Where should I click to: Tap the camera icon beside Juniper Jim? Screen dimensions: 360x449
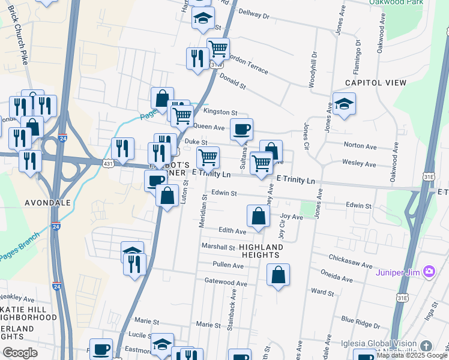[x=429, y=272]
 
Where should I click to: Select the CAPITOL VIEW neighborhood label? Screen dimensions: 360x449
[x=368, y=83]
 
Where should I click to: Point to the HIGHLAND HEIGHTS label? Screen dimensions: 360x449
[x=261, y=251]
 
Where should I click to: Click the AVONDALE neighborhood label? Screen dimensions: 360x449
[x=47, y=203]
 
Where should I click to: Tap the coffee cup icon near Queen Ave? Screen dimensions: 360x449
[x=241, y=129]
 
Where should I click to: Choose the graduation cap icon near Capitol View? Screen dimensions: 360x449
[x=344, y=104]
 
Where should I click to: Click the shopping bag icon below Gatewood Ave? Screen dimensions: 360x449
[x=278, y=275]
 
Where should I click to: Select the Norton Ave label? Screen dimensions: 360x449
[x=360, y=146]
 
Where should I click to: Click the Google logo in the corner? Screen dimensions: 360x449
[x=20, y=353]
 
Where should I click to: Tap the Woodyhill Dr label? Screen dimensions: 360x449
[x=312, y=70]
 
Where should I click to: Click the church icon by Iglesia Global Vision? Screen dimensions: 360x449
[x=426, y=346]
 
